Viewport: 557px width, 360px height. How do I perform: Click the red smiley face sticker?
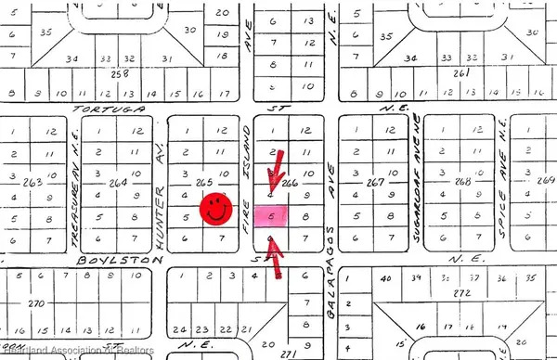click(x=216, y=207)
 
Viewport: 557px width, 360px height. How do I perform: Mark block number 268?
click(x=460, y=182)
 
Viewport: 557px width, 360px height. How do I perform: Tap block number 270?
click(x=36, y=303)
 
